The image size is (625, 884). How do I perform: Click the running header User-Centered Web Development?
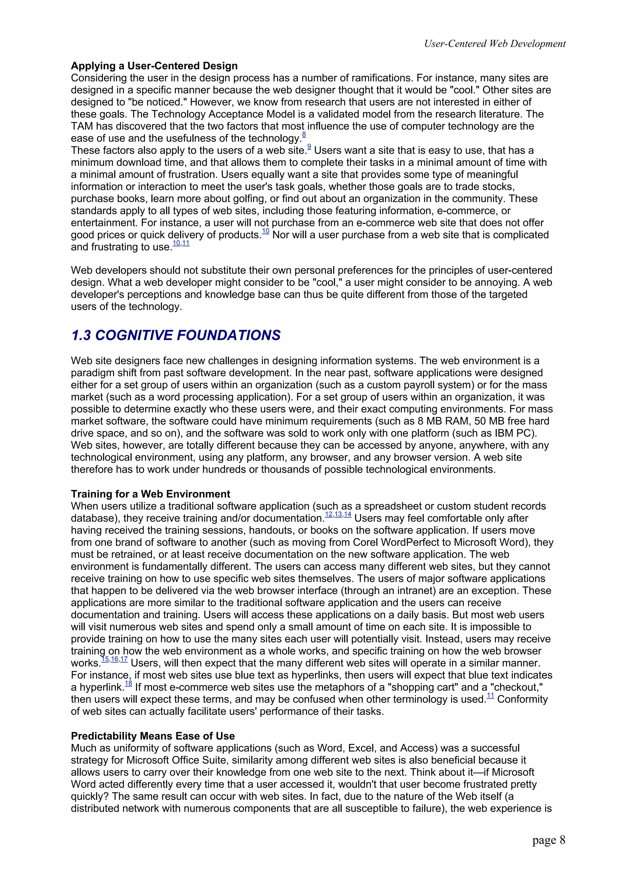coord(494,44)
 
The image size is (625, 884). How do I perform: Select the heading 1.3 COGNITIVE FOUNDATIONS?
coord(175,335)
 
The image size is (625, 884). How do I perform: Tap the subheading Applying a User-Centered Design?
coord(154,66)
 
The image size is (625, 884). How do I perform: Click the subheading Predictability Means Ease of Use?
coord(153,736)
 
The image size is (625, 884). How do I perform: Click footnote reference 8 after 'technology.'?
coord(304,135)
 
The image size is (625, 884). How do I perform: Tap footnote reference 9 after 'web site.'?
coord(309,146)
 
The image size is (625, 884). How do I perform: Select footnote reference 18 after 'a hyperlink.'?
coord(128,684)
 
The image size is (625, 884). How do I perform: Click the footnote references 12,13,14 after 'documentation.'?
coord(338,514)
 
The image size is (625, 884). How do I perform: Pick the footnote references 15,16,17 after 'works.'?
coord(114,659)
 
